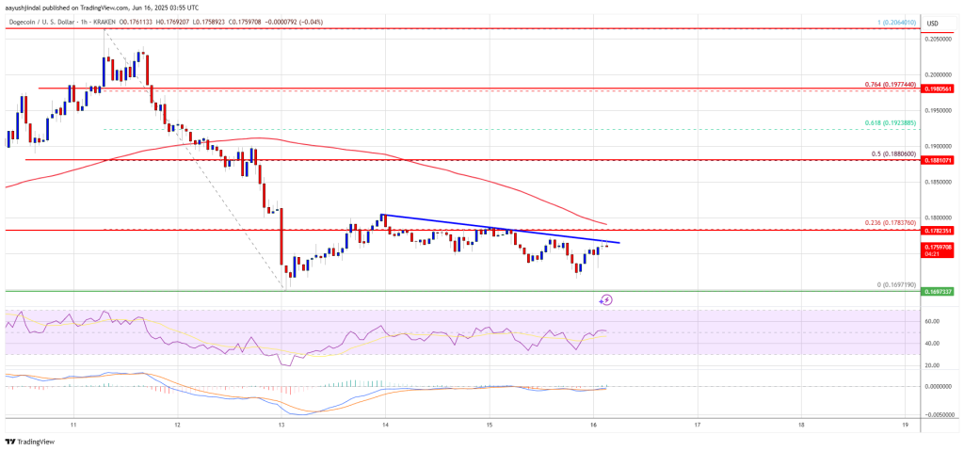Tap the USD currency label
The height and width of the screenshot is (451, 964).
(932, 23)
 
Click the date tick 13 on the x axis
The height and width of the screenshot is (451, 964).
(281, 424)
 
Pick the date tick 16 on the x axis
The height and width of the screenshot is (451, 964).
(593, 424)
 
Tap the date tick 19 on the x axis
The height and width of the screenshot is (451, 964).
(904, 424)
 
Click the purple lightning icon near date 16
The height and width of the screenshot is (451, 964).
(606, 300)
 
